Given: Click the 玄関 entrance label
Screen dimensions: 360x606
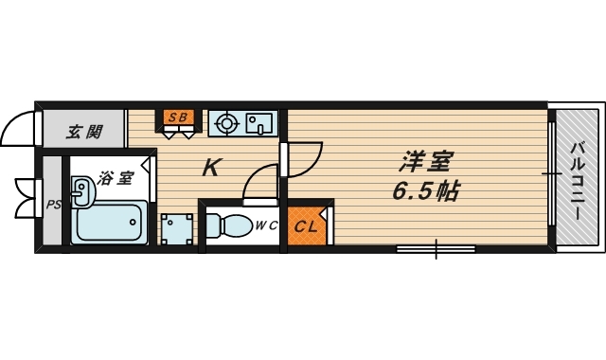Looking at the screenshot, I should coord(83,132).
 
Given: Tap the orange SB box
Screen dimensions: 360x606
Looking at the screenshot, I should coord(178,118).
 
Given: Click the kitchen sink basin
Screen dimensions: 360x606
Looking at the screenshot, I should coord(258,122).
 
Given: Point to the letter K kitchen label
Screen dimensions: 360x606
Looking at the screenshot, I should coord(211,169).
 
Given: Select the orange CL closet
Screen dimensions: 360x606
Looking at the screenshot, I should coord(305,226).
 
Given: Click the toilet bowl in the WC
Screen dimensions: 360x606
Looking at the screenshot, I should coord(225,225).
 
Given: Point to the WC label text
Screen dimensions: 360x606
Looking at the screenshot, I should coord(264,225).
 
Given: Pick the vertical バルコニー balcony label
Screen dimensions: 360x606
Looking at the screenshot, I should coord(575,179).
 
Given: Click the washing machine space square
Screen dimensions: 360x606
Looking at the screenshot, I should coord(175,228).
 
